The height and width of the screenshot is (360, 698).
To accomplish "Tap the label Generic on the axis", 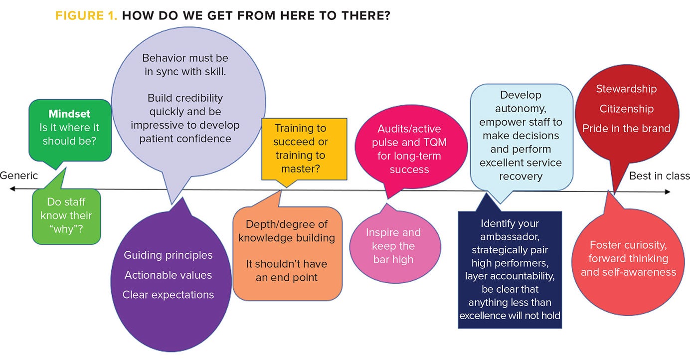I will click(x=19, y=176).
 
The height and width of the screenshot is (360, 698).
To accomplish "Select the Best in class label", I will click(x=659, y=176).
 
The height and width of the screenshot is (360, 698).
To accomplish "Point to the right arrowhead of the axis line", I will click(x=668, y=192).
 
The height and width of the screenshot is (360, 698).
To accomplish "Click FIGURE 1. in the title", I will click(x=86, y=15).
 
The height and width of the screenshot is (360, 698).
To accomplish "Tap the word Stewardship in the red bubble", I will click(x=626, y=89).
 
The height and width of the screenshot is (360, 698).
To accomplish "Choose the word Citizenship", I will click(x=626, y=109).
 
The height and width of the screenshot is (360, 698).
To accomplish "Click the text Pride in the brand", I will click(x=626, y=128).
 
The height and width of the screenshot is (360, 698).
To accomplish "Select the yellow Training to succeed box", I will click(x=304, y=149).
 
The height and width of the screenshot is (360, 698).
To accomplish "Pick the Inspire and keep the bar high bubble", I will click(x=393, y=246).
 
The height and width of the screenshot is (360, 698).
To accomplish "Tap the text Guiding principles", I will click(x=168, y=255).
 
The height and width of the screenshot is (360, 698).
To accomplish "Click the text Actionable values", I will click(x=168, y=275).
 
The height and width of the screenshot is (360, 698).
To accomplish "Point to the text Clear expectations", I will click(x=168, y=295).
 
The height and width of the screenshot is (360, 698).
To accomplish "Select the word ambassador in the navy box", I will click(x=510, y=236).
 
